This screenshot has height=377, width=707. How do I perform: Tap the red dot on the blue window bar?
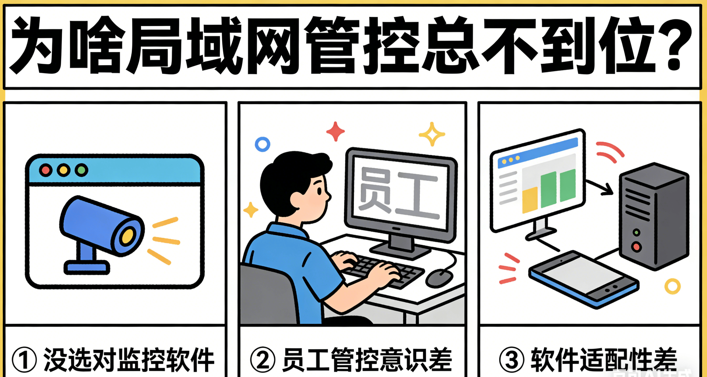click(46, 170)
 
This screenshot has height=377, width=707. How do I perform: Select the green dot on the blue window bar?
click(81, 170)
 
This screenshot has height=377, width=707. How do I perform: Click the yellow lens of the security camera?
click(127, 236)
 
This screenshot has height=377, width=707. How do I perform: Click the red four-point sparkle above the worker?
click(335, 132)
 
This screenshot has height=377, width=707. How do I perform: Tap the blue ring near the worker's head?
click(262, 144)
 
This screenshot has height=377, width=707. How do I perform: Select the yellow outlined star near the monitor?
click(432, 134)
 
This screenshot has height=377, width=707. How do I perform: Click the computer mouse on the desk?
click(439, 278)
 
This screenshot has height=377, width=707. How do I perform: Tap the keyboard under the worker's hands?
click(384, 270)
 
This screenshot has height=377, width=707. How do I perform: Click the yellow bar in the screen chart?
click(529, 200)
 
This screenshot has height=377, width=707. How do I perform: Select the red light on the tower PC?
click(637, 247)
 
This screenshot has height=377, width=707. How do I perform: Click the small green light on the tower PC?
click(637, 233)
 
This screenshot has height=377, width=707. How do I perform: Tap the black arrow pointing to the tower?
click(601, 188)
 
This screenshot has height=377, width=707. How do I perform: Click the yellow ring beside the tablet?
click(672, 286)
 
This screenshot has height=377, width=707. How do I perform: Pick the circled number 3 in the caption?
click(512, 359)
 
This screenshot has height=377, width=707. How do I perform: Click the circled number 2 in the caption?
click(263, 359)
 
